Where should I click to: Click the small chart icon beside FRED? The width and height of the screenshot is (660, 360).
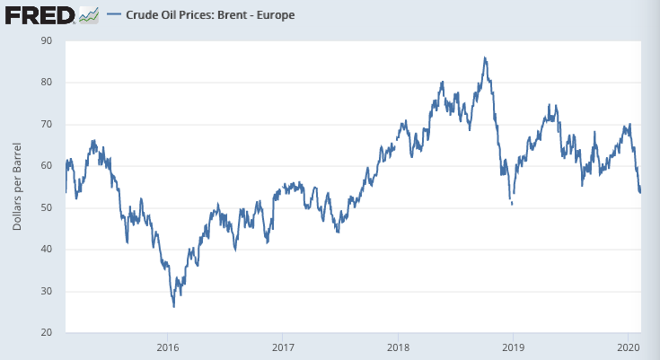click(88, 15)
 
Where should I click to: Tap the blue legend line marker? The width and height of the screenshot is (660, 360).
click(114, 15)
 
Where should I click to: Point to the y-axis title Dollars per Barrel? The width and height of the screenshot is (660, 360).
click(18, 186)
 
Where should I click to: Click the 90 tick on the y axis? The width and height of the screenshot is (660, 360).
click(46, 40)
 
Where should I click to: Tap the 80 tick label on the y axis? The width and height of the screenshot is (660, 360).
click(46, 83)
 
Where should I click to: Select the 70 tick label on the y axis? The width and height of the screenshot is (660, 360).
click(46, 124)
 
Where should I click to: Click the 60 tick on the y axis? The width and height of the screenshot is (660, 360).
click(46, 166)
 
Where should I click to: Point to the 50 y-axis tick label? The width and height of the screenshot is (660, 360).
click(46, 207)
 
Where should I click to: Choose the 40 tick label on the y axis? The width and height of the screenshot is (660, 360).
click(46, 250)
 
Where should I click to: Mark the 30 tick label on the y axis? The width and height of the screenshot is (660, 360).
click(46, 291)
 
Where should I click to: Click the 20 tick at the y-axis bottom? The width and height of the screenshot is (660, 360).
click(46, 333)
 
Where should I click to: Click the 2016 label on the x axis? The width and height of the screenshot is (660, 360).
click(168, 347)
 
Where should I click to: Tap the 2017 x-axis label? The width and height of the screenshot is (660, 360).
click(283, 347)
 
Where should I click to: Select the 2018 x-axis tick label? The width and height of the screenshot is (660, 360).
click(398, 347)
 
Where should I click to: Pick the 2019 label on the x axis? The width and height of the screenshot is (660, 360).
click(512, 347)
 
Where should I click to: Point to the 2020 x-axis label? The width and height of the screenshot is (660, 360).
click(627, 347)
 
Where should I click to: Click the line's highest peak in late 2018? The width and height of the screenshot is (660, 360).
click(485, 58)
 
